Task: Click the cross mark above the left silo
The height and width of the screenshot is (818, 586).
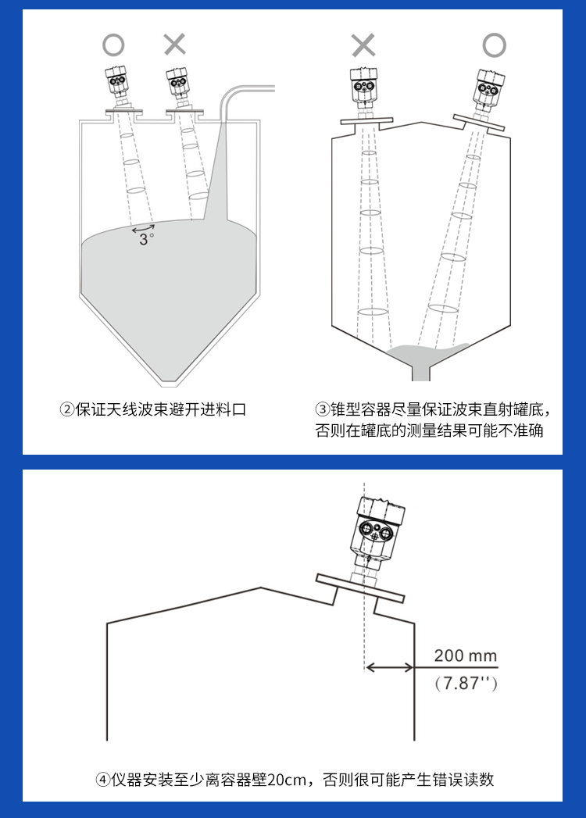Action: (x=175, y=45)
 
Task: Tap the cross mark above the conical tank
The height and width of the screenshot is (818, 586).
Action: (x=363, y=45)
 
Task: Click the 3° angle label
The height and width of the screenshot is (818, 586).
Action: (x=147, y=239)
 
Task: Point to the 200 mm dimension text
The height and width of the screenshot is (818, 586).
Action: (x=466, y=655)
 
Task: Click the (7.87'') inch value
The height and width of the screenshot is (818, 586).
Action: (x=466, y=683)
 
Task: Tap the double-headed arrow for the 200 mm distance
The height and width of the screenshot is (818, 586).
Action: (x=390, y=666)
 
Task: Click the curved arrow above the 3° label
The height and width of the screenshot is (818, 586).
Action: (x=143, y=227)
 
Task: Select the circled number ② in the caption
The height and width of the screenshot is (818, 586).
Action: (x=67, y=409)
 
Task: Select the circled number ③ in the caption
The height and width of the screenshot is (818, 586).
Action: (x=323, y=409)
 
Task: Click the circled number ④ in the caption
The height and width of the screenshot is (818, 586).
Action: (x=103, y=780)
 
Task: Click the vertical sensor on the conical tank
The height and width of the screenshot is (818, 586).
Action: (x=363, y=92)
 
